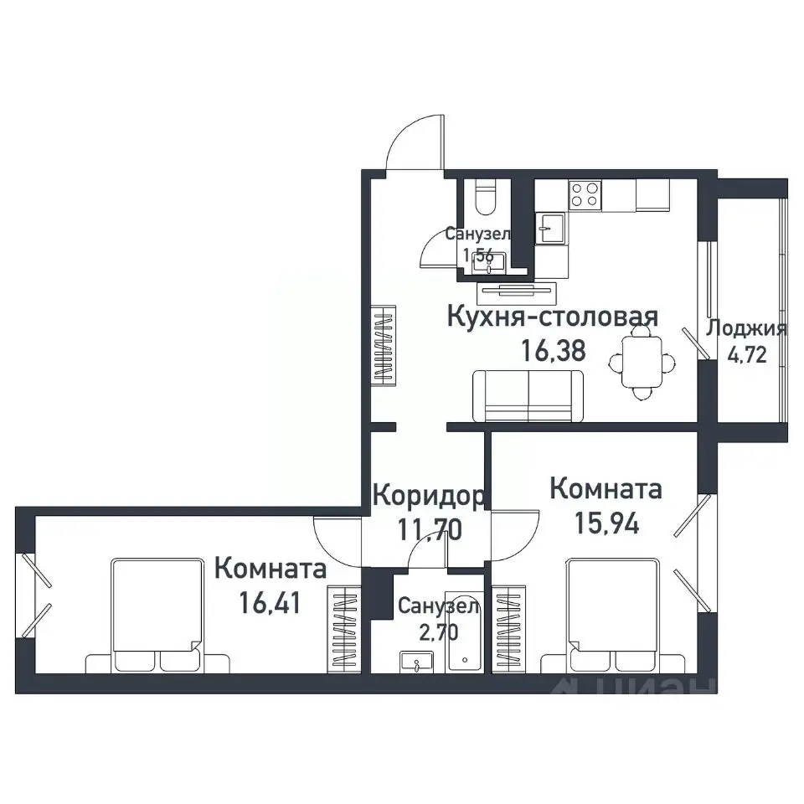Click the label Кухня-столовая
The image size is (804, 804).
click(553, 317)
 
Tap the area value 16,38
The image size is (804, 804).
click(553, 350)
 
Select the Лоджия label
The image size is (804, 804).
click(746, 328)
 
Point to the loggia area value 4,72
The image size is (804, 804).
click(746, 353)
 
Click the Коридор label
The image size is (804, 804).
click(427, 497)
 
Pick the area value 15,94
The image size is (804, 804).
click(606, 523)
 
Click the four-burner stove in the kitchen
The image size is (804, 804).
click(585, 195)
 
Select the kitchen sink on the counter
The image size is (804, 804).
click(550, 227)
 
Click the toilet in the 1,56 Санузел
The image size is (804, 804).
click(486, 198)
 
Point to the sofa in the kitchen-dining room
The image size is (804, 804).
click(528, 396)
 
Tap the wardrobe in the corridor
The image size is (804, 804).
click(384, 345)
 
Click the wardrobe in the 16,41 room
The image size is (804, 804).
click(343, 626)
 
